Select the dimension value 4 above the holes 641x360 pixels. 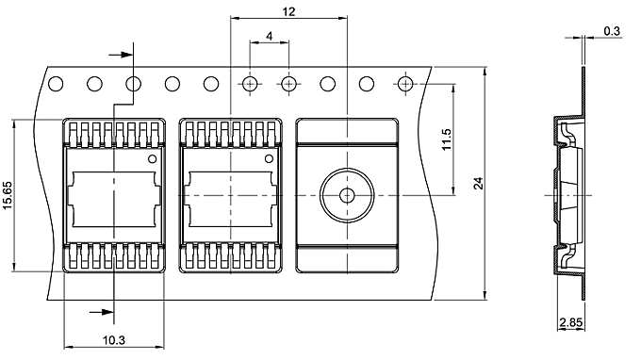tap(270, 36)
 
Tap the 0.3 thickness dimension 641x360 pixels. tap(612, 31)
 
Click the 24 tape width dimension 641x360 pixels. tap(477, 185)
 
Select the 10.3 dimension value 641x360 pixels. tap(113, 339)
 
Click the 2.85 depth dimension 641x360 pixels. tap(569, 323)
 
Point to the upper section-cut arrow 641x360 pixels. tap(117, 55)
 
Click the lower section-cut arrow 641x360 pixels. tap(97, 310)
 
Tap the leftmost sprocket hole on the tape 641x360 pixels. tap(55, 84)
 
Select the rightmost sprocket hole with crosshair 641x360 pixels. tap(405, 84)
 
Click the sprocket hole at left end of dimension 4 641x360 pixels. tap(250, 84)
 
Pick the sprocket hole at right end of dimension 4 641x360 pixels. tap(288, 84)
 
